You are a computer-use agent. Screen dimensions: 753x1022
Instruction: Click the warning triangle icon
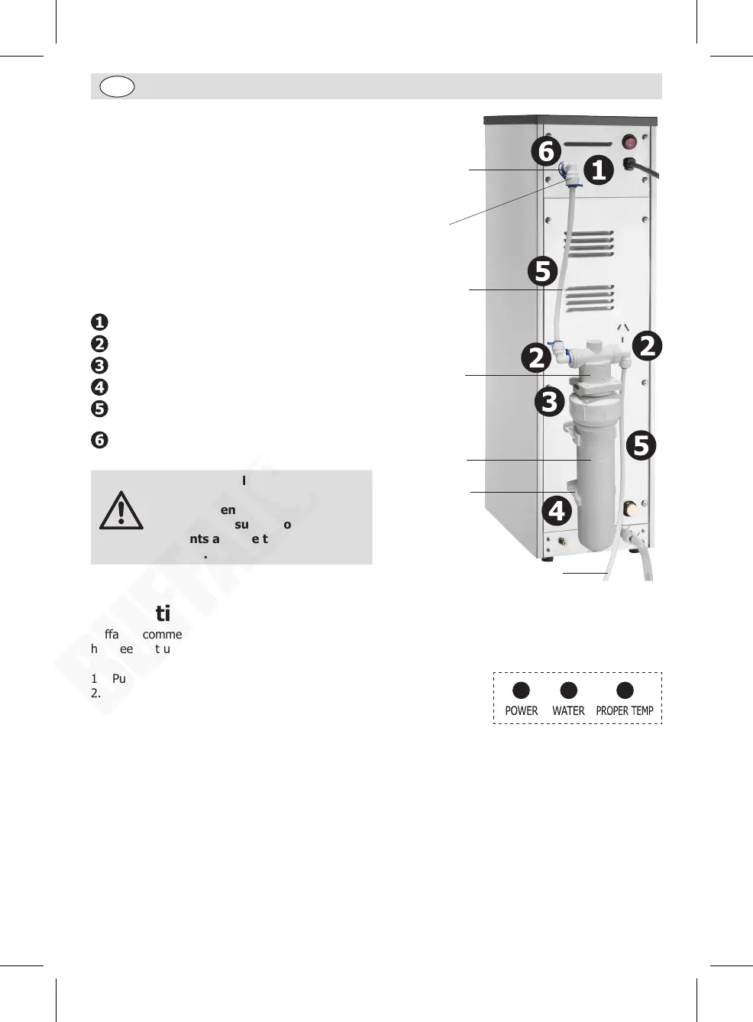(121, 512)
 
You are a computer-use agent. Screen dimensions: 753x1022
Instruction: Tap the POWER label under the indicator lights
(521, 711)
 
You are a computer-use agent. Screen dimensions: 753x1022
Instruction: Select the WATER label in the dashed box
(568, 711)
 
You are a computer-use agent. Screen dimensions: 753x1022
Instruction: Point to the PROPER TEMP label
(625, 711)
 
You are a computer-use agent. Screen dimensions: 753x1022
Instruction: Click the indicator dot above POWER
(521, 690)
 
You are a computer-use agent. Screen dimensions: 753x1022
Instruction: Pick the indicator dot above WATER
(568, 690)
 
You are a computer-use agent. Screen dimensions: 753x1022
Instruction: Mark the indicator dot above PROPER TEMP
(625, 690)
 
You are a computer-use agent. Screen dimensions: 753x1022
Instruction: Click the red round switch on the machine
(630, 142)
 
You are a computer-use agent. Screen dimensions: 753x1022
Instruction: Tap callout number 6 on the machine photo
(545, 151)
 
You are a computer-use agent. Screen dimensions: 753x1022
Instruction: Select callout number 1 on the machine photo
(599, 170)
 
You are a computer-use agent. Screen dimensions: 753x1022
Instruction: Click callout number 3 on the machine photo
(550, 402)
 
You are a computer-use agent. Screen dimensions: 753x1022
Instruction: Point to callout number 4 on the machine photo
(557, 510)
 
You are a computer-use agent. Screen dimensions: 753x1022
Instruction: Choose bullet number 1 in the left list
(99, 322)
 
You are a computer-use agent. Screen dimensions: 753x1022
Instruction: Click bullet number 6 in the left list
(99, 441)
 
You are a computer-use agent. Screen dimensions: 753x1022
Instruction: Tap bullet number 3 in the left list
(99, 366)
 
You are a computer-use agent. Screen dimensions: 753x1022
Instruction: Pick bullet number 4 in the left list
(99, 387)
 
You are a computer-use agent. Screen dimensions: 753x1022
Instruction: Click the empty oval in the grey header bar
(117, 86)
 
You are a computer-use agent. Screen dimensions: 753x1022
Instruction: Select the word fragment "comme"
(162, 635)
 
